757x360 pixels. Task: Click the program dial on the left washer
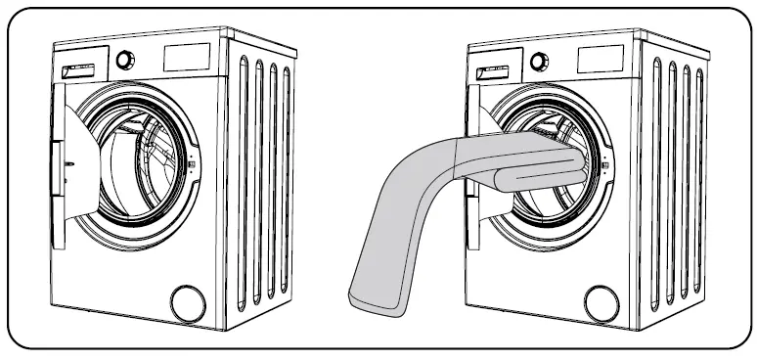tap(124, 60)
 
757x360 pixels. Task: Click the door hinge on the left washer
tap(56, 152)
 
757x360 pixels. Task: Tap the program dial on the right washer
tap(538, 62)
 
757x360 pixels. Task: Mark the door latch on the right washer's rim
tap(602, 166)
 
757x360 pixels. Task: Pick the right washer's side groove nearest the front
tap(657, 186)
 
